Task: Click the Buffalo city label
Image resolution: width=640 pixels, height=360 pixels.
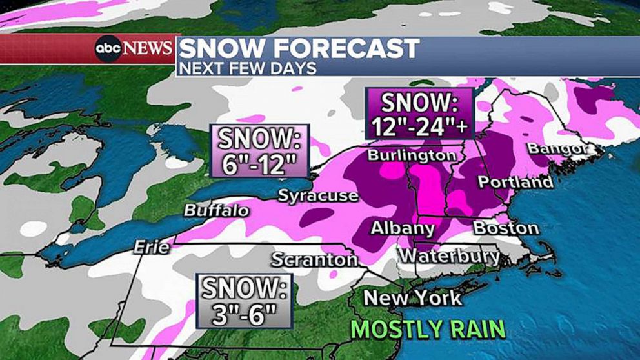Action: pyautogui.click(x=216, y=211)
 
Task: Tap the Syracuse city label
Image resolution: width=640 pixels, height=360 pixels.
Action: pyautogui.click(x=317, y=195)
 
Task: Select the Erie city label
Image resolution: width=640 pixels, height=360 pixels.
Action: pyautogui.click(x=152, y=247)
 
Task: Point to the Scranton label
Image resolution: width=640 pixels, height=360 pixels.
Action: pyautogui.click(x=314, y=259)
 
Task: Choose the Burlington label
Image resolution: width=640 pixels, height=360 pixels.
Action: pyautogui.click(x=412, y=155)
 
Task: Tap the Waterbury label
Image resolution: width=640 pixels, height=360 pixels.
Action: pyautogui.click(x=449, y=256)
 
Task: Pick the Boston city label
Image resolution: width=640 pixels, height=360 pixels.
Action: pyautogui.click(x=506, y=228)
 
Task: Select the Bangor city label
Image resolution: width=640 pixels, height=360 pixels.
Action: pyautogui.click(x=558, y=149)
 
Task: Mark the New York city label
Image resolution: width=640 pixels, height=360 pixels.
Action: pyautogui.click(x=413, y=297)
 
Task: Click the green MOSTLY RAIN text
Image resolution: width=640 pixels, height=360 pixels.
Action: pyautogui.click(x=428, y=328)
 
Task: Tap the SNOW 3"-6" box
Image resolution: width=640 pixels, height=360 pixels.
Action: pyautogui.click(x=245, y=301)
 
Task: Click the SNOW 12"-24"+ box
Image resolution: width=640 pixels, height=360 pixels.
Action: pyautogui.click(x=419, y=114)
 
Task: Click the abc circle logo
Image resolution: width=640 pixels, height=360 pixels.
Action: pyautogui.click(x=108, y=48)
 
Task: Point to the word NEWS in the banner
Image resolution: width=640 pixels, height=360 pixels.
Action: pyautogui.click(x=147, y=48)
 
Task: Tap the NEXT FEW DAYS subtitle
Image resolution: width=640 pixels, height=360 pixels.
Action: pyautogui.click(x=247, y=68)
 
